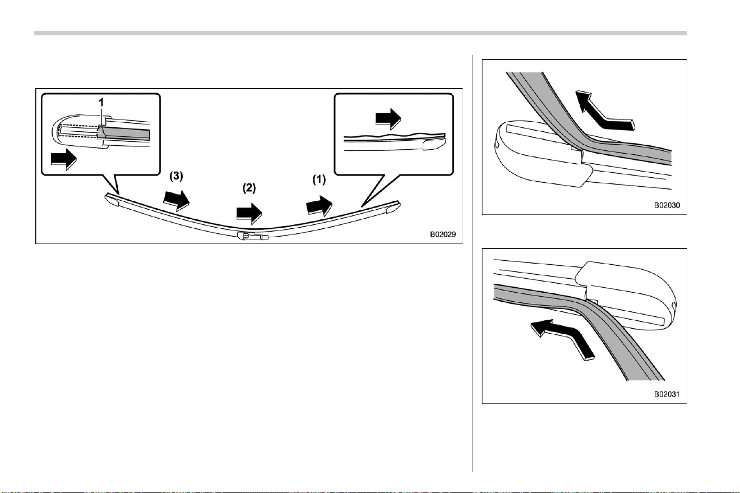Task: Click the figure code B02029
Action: [x=443, y=234]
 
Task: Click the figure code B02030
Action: [x=667, y=205]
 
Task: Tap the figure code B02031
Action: [x=667, y=394]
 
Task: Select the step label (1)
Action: [x=319, y=179]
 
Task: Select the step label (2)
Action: [x=249, y=188]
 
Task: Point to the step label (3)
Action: [x=176, y=176]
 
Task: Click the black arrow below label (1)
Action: [x=319, y=205]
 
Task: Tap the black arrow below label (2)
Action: [x=249, y=214]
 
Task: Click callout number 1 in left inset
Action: [x=101, y=103]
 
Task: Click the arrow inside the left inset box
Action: [x=64, y=159]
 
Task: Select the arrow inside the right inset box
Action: [x=388, y=119]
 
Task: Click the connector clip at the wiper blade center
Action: [x=252, y=236]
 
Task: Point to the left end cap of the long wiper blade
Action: [x=112, y=200]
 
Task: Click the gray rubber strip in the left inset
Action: [x=125, y=133]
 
